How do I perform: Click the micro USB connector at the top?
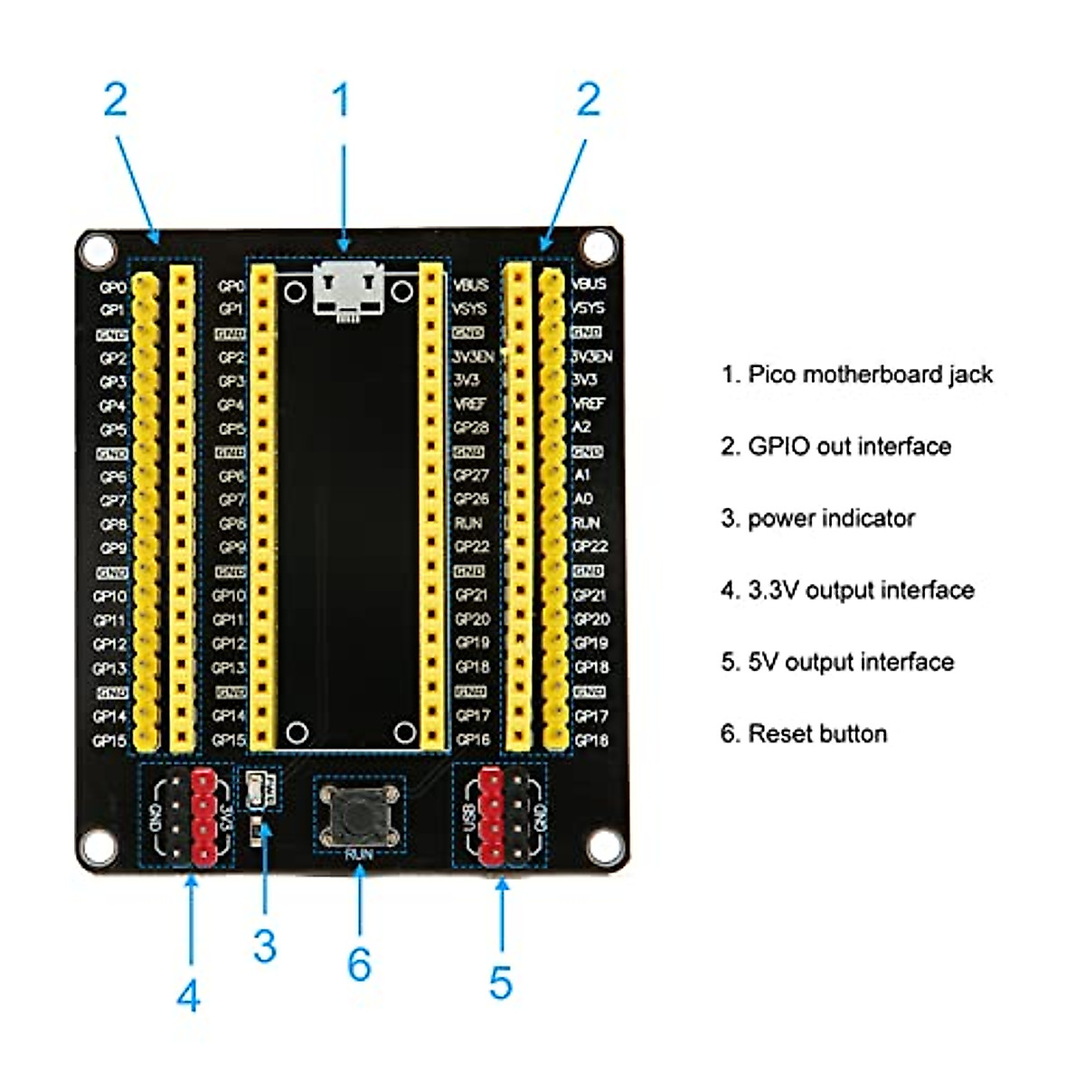[348, 288]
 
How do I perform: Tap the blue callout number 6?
[359, 965]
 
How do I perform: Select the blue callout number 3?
[264, 947]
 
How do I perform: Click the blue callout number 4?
[188, 996]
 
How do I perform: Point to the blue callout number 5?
[501, 983]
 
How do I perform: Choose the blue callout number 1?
[341, 100]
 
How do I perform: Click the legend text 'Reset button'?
[804, 733]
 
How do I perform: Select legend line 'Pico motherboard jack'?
[857, 374]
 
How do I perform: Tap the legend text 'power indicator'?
[818, 518]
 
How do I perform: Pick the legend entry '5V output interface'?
[837, 662]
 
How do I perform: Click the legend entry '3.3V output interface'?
[847, 590]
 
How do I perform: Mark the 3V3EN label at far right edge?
[591, 356]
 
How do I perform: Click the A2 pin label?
[581, 427]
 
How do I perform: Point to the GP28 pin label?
[471, 428]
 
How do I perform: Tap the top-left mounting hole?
[98, 249]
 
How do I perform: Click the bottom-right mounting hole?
[603, 847]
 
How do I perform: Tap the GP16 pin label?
[473, 740]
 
